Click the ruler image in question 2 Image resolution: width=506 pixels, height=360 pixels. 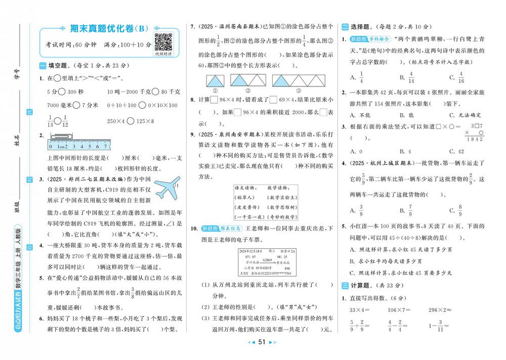point(79,144)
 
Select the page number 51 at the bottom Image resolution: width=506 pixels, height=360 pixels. point(262,342)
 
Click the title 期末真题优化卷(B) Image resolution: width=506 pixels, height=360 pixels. point(103,28)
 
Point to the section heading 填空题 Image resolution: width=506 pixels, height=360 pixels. point(55,66)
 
